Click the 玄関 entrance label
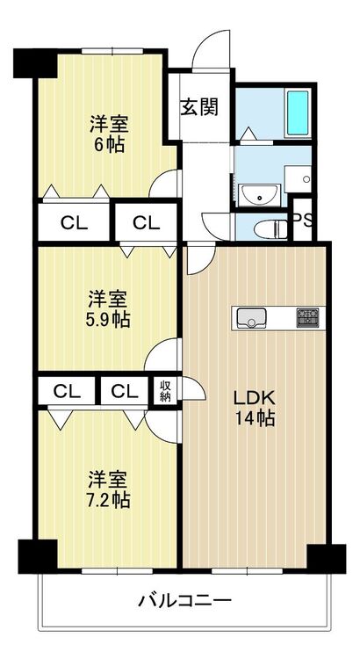(199, 107)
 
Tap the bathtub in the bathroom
(298, 112)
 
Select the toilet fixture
(270, 229)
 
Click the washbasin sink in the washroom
(259, 195)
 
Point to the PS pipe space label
(303, 221)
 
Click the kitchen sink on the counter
(251, 318)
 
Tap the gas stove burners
(307, 318)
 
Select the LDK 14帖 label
(254, 408)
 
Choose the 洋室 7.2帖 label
(107, 490)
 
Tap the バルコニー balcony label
(185, 600)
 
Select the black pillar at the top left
(35, 63)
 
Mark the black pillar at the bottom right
(327, 559)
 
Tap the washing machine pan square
(298, 179)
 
